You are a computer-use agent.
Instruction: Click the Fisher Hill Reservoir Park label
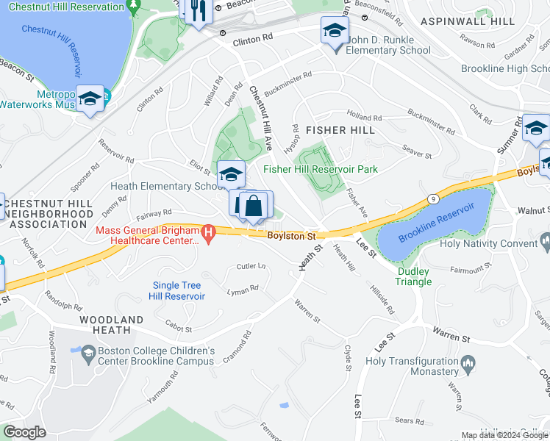(321, 170)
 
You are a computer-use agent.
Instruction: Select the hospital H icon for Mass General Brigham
(209, 234)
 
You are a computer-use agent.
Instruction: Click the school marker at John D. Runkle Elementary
(334, 33)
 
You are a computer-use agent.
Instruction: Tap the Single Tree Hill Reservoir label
(179, 290)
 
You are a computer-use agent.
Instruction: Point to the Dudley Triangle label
(414, 276)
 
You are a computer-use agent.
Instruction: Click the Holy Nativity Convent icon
(544, 240)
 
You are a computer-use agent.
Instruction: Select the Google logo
(25, 431)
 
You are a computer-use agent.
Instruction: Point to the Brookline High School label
(505, 68)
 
